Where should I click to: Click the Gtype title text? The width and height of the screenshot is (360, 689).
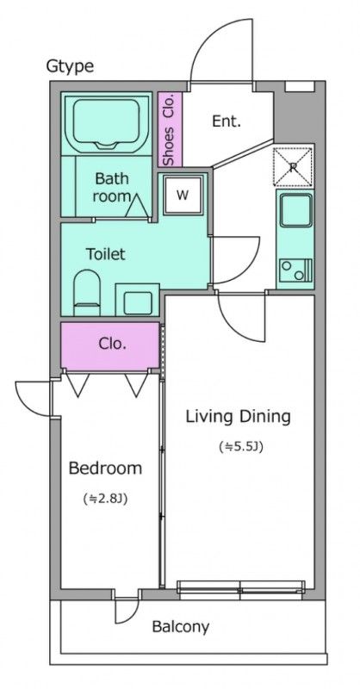pos(70,66)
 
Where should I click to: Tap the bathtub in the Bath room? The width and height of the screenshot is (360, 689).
pos(105,123)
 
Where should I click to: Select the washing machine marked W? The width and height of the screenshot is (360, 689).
pos(183,195)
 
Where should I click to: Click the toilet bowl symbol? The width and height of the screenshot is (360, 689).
pos(87,292)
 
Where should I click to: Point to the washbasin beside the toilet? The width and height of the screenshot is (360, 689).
pos(137,299)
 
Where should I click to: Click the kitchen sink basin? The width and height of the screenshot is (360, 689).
pos(295,211)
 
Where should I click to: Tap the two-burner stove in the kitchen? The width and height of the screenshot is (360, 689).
pos(295,270)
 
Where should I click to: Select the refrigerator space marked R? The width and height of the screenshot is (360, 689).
pos(293,166)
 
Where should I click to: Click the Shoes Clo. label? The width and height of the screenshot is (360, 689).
pos(169,130)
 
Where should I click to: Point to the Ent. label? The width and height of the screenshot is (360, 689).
pos(227,121)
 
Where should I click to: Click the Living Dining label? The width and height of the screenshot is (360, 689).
pos(238,416)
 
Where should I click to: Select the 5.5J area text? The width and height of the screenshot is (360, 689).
pos(241,447)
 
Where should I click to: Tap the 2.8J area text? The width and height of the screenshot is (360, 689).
pos(105,499)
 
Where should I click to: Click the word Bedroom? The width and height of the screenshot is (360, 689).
pos(105,469)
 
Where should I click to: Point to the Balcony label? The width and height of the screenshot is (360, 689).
pos(180,627)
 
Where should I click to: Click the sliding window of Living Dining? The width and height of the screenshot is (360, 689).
pos(240,590)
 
